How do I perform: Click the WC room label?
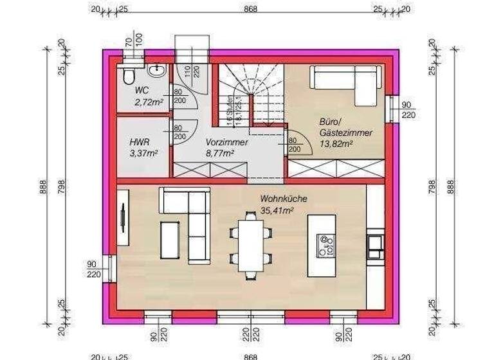142,91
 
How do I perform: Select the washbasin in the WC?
156,69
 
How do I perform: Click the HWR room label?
139,141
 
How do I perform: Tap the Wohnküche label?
284,199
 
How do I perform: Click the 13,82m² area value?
336,145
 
